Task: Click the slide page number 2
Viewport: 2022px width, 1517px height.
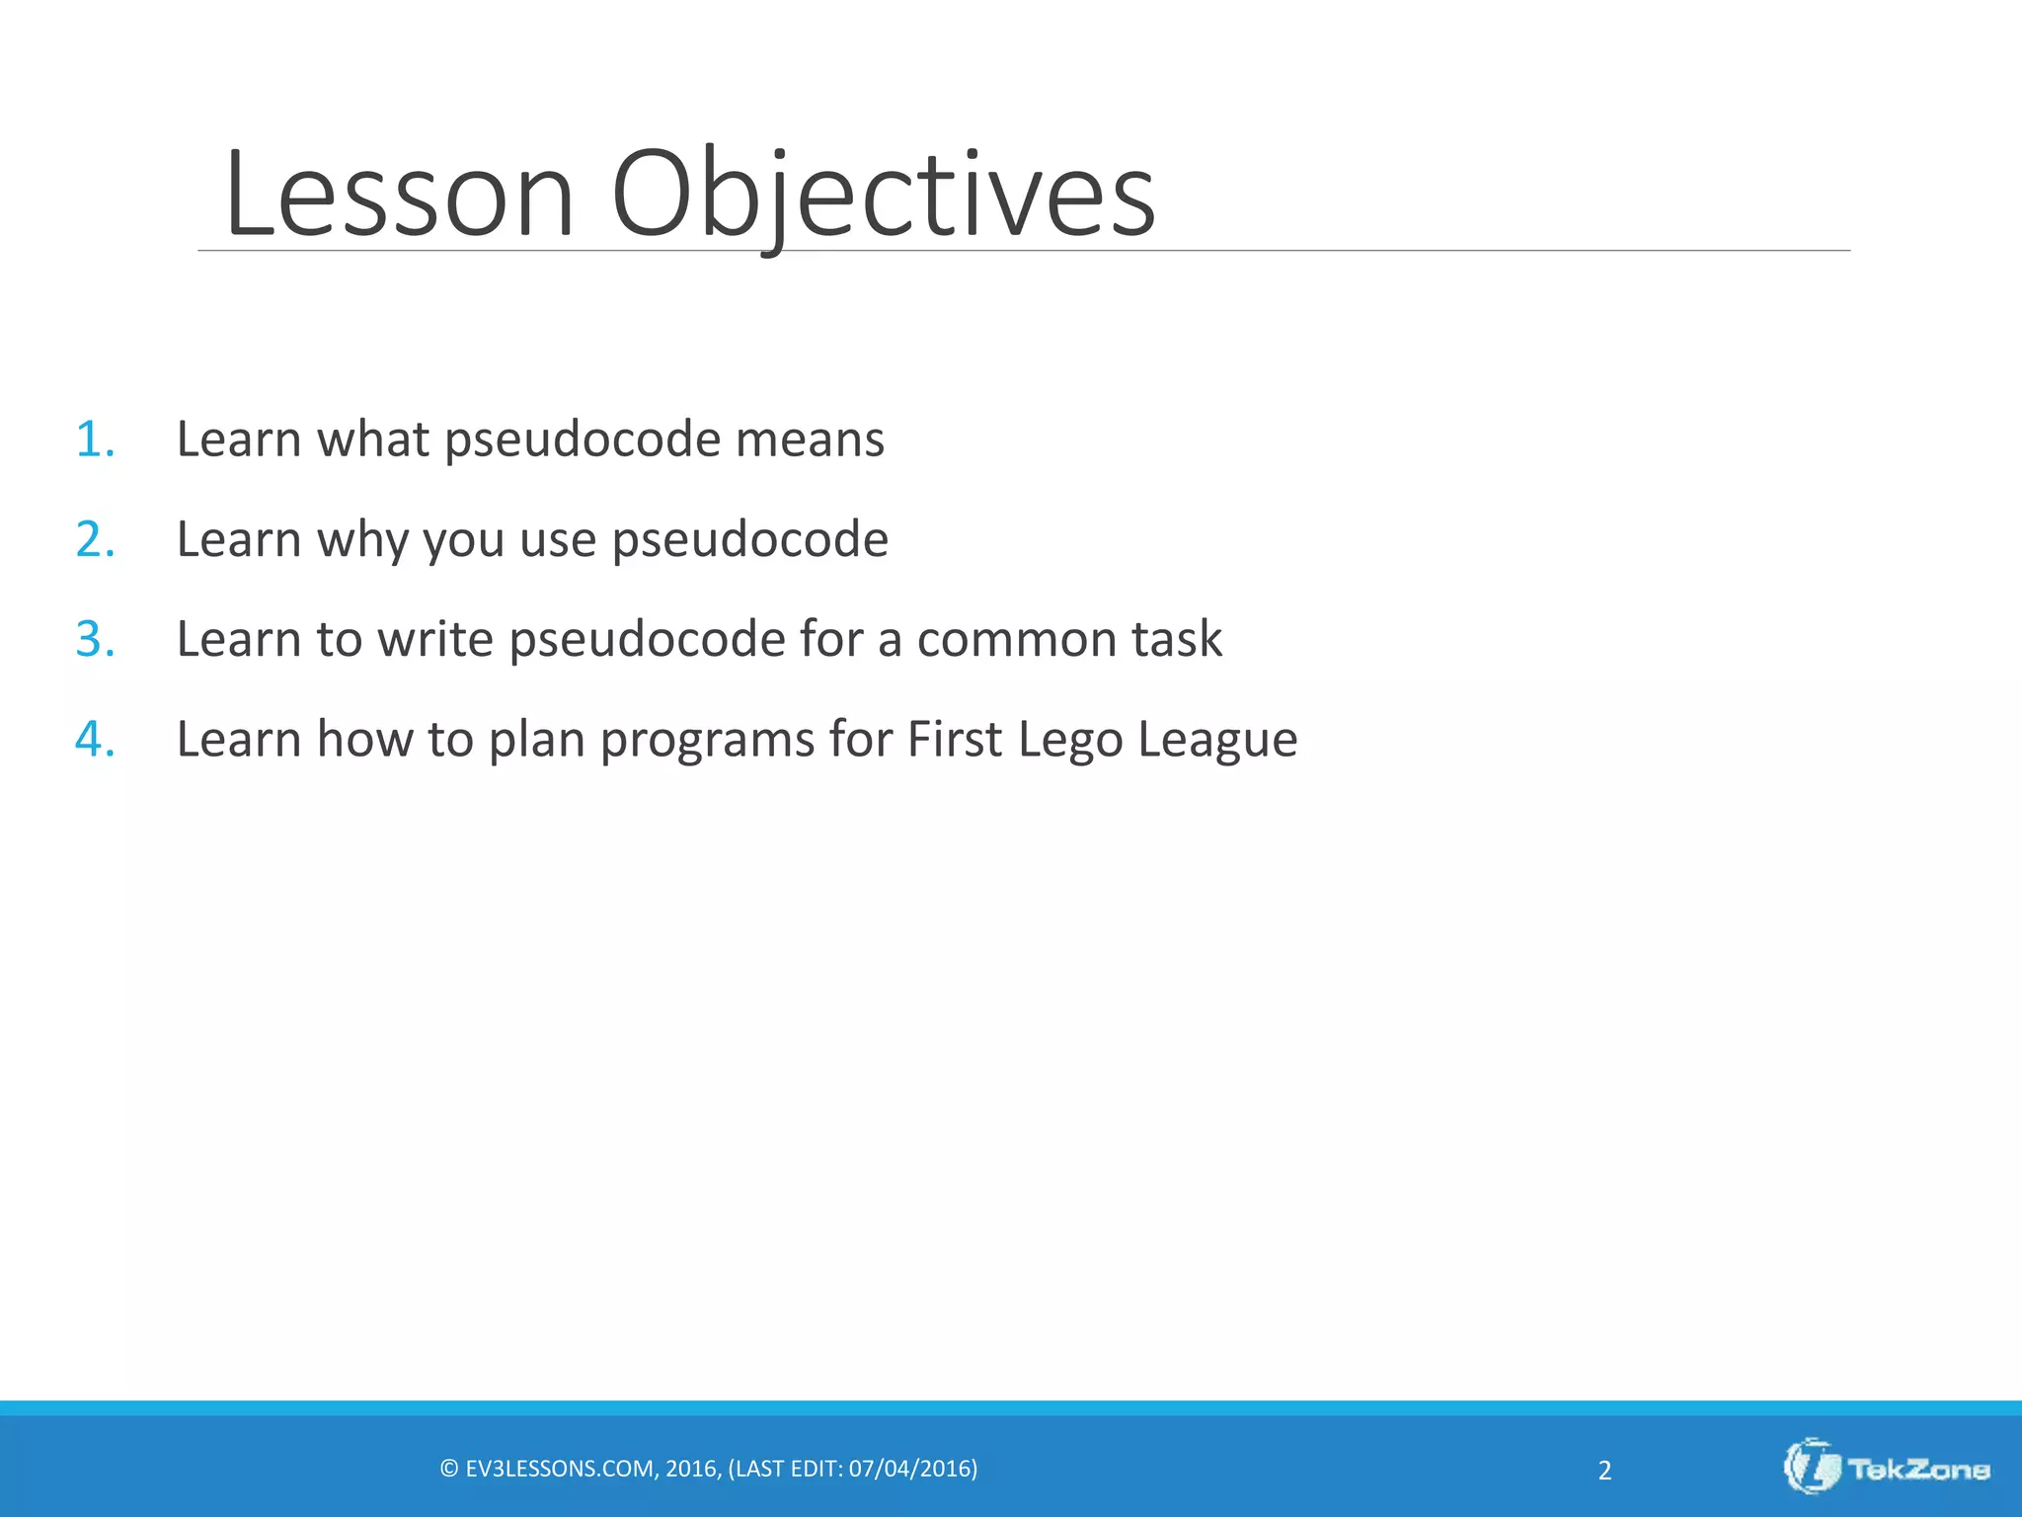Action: click(1604, 1471)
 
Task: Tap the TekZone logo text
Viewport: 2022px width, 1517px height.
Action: click(1918, 1470)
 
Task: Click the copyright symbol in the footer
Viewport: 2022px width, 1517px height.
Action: click(449, 1469)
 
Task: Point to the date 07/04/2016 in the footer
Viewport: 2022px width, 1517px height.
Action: click(908, 1469)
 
